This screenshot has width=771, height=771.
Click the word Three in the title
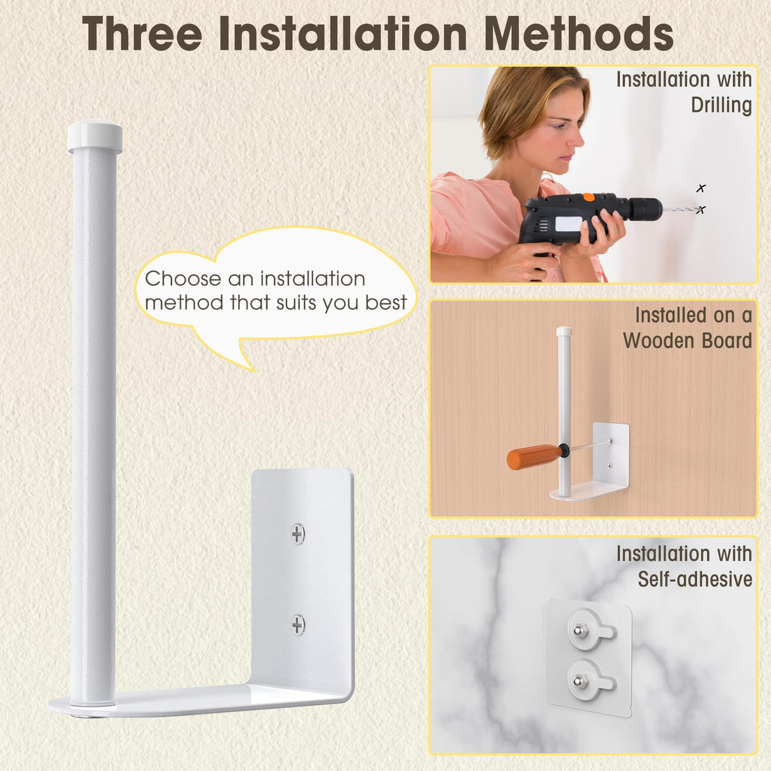pos(142,34)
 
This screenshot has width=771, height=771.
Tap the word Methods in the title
pos(579,34)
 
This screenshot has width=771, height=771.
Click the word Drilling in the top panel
pos(721,105)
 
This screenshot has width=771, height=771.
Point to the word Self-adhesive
pos(695,579)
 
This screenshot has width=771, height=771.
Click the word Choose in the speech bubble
pos(183,278)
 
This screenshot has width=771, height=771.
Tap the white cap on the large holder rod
pos(95,136)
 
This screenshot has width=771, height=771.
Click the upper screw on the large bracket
pos(298,533)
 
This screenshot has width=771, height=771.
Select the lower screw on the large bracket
pos(298,624)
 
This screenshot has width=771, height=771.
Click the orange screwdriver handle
pos(535,457)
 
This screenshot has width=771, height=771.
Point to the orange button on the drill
pos(588,197)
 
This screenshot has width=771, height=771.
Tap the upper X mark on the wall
pos(701,188)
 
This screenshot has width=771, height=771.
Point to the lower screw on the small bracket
pos(610,466)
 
